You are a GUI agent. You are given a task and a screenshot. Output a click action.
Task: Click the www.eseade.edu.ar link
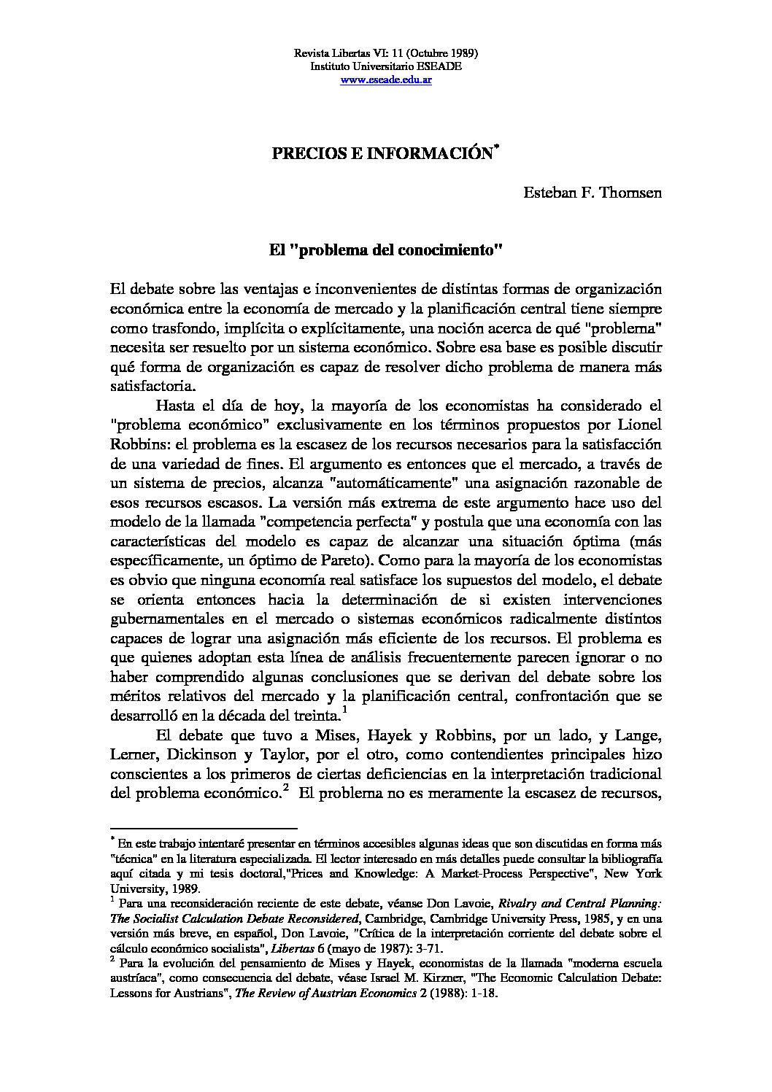385,80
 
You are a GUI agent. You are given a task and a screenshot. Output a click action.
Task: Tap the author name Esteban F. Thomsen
592,193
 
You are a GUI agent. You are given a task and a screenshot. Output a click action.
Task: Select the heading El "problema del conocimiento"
385,250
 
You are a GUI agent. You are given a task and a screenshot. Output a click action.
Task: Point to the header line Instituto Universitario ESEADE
385,66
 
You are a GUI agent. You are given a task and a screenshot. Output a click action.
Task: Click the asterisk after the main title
496,149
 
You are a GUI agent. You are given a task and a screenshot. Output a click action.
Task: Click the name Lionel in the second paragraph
639,424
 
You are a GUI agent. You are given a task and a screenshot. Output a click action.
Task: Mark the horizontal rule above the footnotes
204,829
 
